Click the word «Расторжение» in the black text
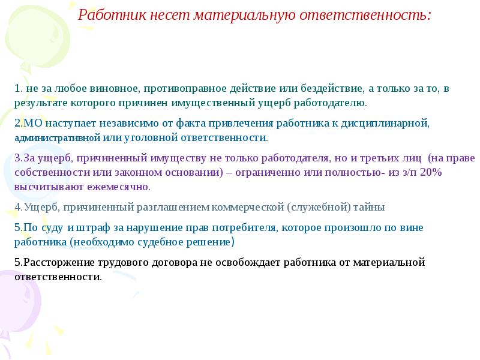pyautogui.click(x=54, y=263)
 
